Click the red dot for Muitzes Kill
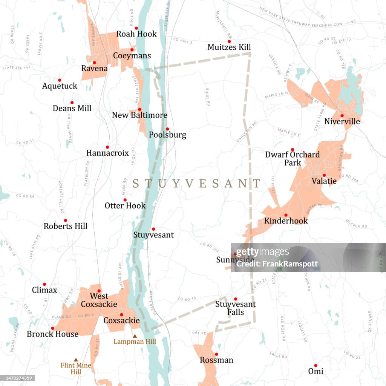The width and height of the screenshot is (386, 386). click(x=229, y=41)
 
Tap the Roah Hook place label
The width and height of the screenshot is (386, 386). click(x=136, y=34)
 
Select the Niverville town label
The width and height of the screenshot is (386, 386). click(x=342, y=122)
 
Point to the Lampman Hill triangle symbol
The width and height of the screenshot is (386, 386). click(x=135, y=336)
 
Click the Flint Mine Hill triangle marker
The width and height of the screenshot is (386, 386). click(x=76, y=360)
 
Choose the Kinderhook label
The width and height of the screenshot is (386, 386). click(x=286, y=221)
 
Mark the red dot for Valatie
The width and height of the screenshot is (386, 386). click(x=324, y=175)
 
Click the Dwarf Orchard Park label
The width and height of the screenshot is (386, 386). click(x=292, y=158)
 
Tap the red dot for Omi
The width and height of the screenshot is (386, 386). click(x=316, y=365)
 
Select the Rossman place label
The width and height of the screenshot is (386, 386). click(x=216, y=360)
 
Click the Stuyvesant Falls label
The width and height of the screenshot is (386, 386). click(x=235, y=308)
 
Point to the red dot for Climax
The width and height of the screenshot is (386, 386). click(x=44, y=284)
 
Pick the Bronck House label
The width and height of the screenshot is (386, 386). click(x=52, y=334)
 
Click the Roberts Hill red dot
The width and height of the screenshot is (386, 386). click(x=65, y=221)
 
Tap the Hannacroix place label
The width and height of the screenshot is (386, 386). click(x=107, y=153)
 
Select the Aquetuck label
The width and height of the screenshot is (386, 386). click(x=60, y=86)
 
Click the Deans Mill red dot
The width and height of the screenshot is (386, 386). click(x=72, y=103)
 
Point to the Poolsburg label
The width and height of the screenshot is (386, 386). click(x=167, y=135)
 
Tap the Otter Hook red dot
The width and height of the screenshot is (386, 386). click(x=125, y=200)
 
